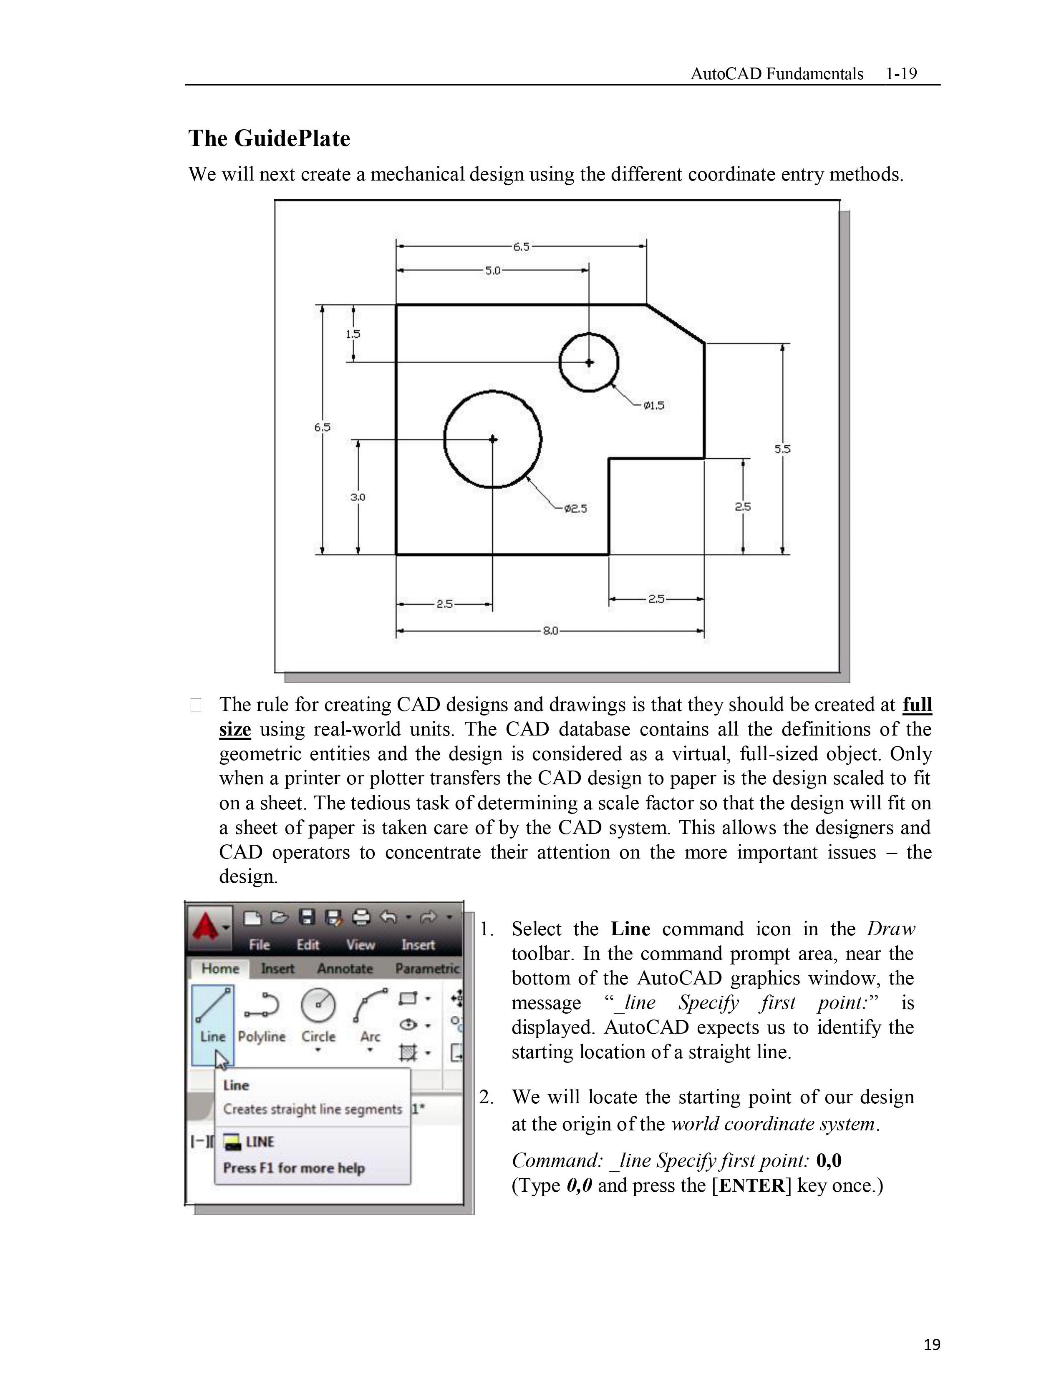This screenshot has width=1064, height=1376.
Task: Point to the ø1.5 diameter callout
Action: point(654,406)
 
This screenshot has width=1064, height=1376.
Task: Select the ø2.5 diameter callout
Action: point(575,508)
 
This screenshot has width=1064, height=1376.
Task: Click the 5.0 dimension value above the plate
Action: point(492,271)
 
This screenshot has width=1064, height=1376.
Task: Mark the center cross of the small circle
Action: point(589,362)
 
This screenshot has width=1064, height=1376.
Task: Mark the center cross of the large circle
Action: point(493,439)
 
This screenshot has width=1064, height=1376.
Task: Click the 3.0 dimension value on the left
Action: point(358,497)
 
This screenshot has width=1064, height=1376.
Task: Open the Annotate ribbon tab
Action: point(345,968)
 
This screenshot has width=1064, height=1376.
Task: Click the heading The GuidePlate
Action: point(269,138)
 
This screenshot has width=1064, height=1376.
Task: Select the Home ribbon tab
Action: point(220,968)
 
